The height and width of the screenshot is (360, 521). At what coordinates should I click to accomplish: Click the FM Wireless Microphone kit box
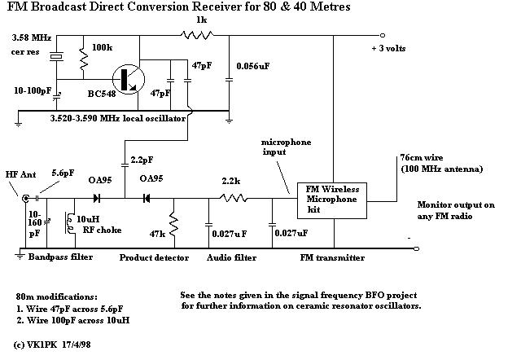[333, 200]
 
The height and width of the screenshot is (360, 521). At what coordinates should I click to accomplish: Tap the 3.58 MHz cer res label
[29, 43]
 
